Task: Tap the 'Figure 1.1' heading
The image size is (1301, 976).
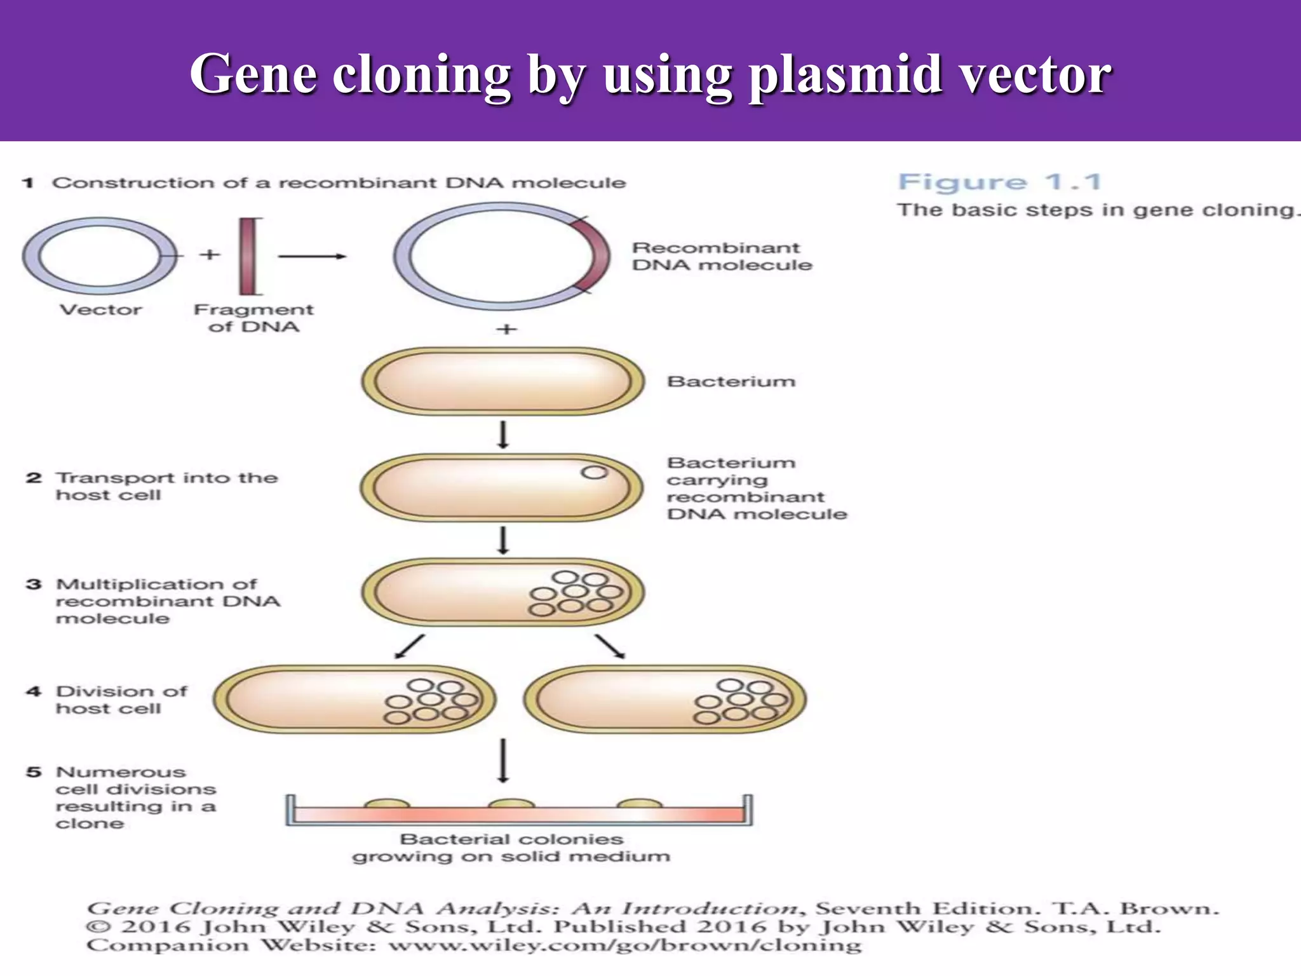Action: [x=999, y=182]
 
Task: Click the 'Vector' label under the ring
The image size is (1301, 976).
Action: [x=100, y=310]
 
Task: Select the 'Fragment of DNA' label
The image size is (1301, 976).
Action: [x=253, y=318]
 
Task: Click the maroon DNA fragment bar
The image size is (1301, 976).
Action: [x=248, y=257]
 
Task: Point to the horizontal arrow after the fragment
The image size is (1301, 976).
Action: [x=312, y=257]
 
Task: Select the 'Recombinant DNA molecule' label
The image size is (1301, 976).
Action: [x=722, y=257]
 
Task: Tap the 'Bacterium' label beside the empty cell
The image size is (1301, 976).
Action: [x=731, y=382]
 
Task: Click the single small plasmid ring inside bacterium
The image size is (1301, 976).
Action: [x=595, y=472]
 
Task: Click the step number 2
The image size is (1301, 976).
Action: [x=34, y=478]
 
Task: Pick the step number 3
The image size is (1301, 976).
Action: [x=34, y=585]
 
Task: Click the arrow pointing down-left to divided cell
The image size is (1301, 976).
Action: [x=409, y=646]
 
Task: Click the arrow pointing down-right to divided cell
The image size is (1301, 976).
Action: [x=610, y=646]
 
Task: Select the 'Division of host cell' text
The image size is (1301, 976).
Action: [x=121, y=700]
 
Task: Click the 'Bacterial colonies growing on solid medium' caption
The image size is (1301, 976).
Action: [x=511, y=848]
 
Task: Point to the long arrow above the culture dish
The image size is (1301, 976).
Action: [x=503, y=760]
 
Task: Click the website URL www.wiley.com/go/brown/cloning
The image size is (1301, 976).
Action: [x=625, y=945]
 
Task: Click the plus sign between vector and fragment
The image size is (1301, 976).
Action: [x=210, y=255]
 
